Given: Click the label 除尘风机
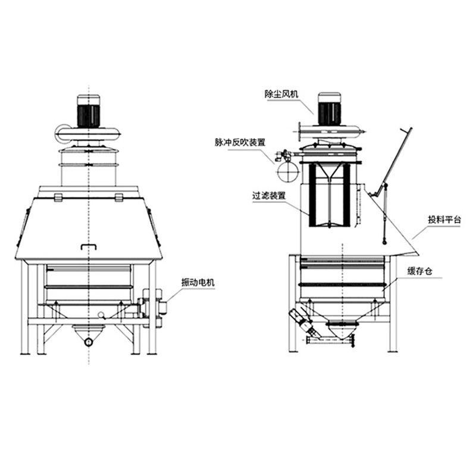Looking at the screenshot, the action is coord(281,94).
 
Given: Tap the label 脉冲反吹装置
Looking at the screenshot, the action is coord(240,142).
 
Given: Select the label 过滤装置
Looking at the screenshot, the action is coord(269,196).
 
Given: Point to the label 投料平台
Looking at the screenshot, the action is coord(444,220).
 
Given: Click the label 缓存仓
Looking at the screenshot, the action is coord(420,271).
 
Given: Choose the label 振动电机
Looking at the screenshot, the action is coord(198,283).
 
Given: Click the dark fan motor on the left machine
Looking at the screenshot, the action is coord(88,115).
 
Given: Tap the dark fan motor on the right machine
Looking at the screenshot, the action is coord(330,114).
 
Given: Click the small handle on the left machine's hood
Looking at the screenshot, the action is coord(88,246).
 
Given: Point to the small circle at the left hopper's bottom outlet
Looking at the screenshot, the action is coord(88,342).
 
